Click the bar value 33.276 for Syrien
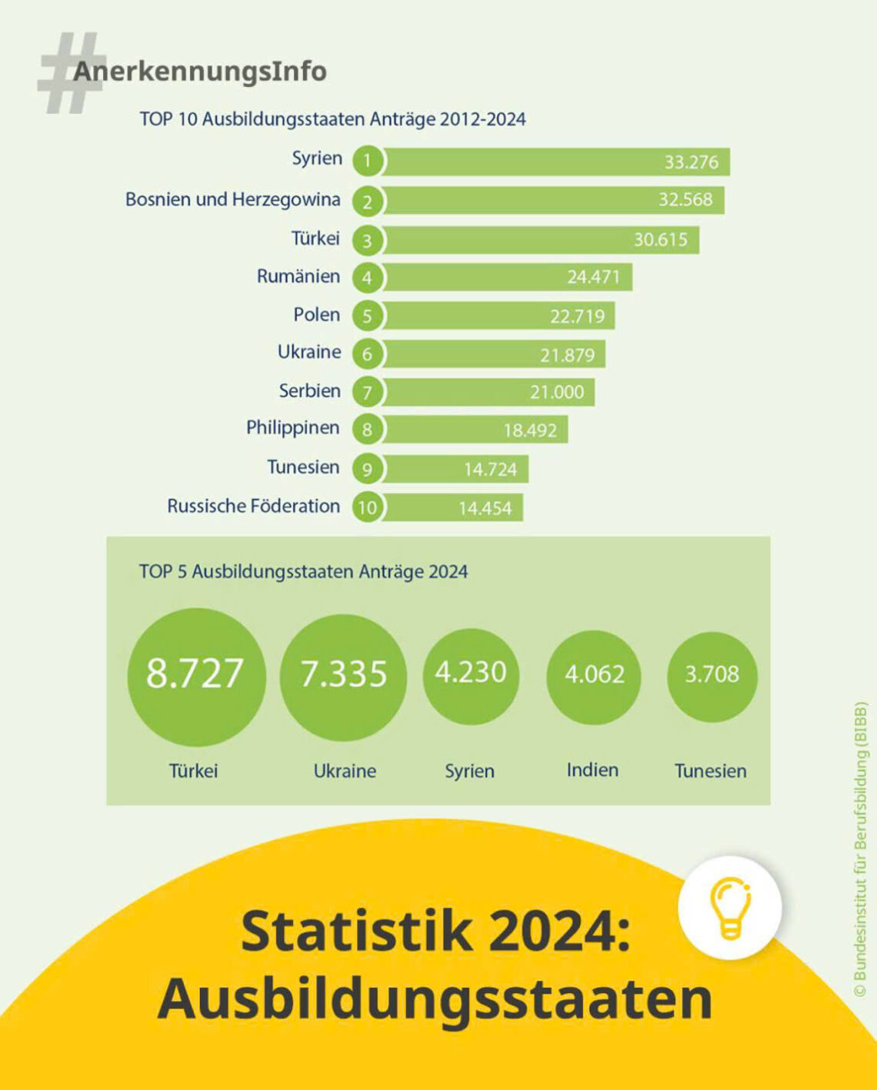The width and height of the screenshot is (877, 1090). (x=691, y=162)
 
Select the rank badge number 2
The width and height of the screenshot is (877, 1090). (x=368, y=202)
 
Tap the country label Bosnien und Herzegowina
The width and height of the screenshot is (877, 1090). (x=232, y=199)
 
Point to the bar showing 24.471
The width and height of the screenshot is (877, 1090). (x=508, y=277)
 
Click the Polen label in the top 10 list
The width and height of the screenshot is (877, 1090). (x=316, y=315)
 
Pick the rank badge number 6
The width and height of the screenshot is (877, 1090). (x=368, y=354)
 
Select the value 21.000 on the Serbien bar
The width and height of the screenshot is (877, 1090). (x=556, y=392)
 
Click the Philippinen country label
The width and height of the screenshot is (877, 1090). (x=292, y=428)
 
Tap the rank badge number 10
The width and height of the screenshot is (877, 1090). (x=368, y=508)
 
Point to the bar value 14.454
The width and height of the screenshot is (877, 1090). (x=485, y=509)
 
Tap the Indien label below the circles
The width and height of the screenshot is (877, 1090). (x=592, y=770)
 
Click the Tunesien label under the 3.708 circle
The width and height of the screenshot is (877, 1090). (x=710, y=771)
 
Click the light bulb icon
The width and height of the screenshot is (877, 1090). (x=729, y=908)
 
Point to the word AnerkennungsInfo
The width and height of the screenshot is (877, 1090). (x=200, y=72)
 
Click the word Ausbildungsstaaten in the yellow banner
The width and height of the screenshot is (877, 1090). (x=435, y=998)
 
